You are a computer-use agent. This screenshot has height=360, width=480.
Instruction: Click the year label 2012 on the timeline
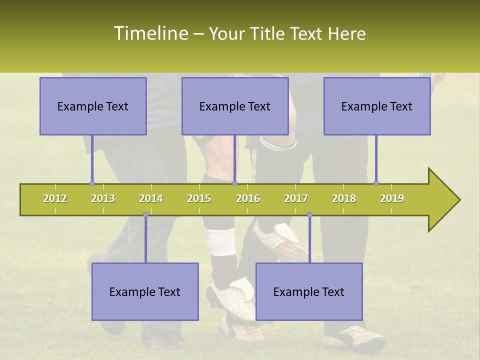click(55, 198)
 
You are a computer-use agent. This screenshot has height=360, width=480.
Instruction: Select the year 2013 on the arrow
click(103, 198)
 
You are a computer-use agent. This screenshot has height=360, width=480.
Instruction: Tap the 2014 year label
click(151, 198)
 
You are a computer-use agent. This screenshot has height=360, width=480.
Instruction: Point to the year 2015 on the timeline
click(199, 198)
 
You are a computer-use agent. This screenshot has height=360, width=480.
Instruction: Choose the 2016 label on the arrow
click(248, 198)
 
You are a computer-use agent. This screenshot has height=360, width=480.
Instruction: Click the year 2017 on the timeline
click(296, 198)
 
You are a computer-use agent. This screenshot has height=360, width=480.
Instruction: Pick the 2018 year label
click(344, 198)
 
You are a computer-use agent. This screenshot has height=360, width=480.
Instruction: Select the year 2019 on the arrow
click(392, 198)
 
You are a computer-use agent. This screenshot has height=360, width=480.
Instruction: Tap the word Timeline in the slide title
click(150, 33)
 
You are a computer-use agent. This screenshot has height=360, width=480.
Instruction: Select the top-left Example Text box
click(93, 106)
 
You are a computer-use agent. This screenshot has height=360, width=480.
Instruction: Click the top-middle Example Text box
click(235, 106)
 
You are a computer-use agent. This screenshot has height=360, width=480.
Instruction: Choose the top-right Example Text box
click(377, 106)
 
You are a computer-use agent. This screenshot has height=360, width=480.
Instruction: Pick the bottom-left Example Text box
click(145, 291)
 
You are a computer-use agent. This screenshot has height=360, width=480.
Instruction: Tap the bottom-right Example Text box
click(309, 291)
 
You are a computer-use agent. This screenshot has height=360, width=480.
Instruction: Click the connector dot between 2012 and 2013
click(92, 183)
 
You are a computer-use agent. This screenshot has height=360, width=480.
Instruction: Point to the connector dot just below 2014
click(145, 215)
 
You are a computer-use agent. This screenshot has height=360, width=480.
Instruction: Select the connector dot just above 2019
click(376, 183)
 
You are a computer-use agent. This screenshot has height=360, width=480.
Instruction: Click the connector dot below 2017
click(309, 215)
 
